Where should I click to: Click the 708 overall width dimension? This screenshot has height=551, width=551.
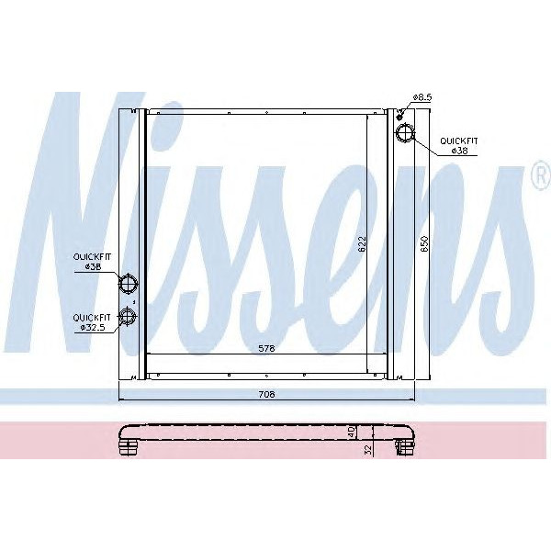pyautogui.click(x=267, y=394)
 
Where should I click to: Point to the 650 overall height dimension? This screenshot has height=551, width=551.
pyautogui.click(x=423, y=242)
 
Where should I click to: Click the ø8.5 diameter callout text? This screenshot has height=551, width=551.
pyautogui.click(x=422, y=96)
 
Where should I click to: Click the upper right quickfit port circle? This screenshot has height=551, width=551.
pyautogui.click(x=404, y=134)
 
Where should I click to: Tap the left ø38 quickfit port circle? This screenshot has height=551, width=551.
pyautogui.click(x=129, y=283)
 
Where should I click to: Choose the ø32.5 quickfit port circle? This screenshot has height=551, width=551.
pyautogui.click(x=129, y=317)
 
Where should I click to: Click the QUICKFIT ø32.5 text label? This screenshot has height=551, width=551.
pyautogui.click(x=92, y=320)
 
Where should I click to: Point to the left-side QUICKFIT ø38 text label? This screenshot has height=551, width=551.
pyautogui.click(x=92, y=262)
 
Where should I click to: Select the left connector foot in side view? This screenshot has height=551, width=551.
pyautogui.click(x=127, y=446)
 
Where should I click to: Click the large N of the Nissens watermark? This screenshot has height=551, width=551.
pyautogui.click(x=83, y=230)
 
